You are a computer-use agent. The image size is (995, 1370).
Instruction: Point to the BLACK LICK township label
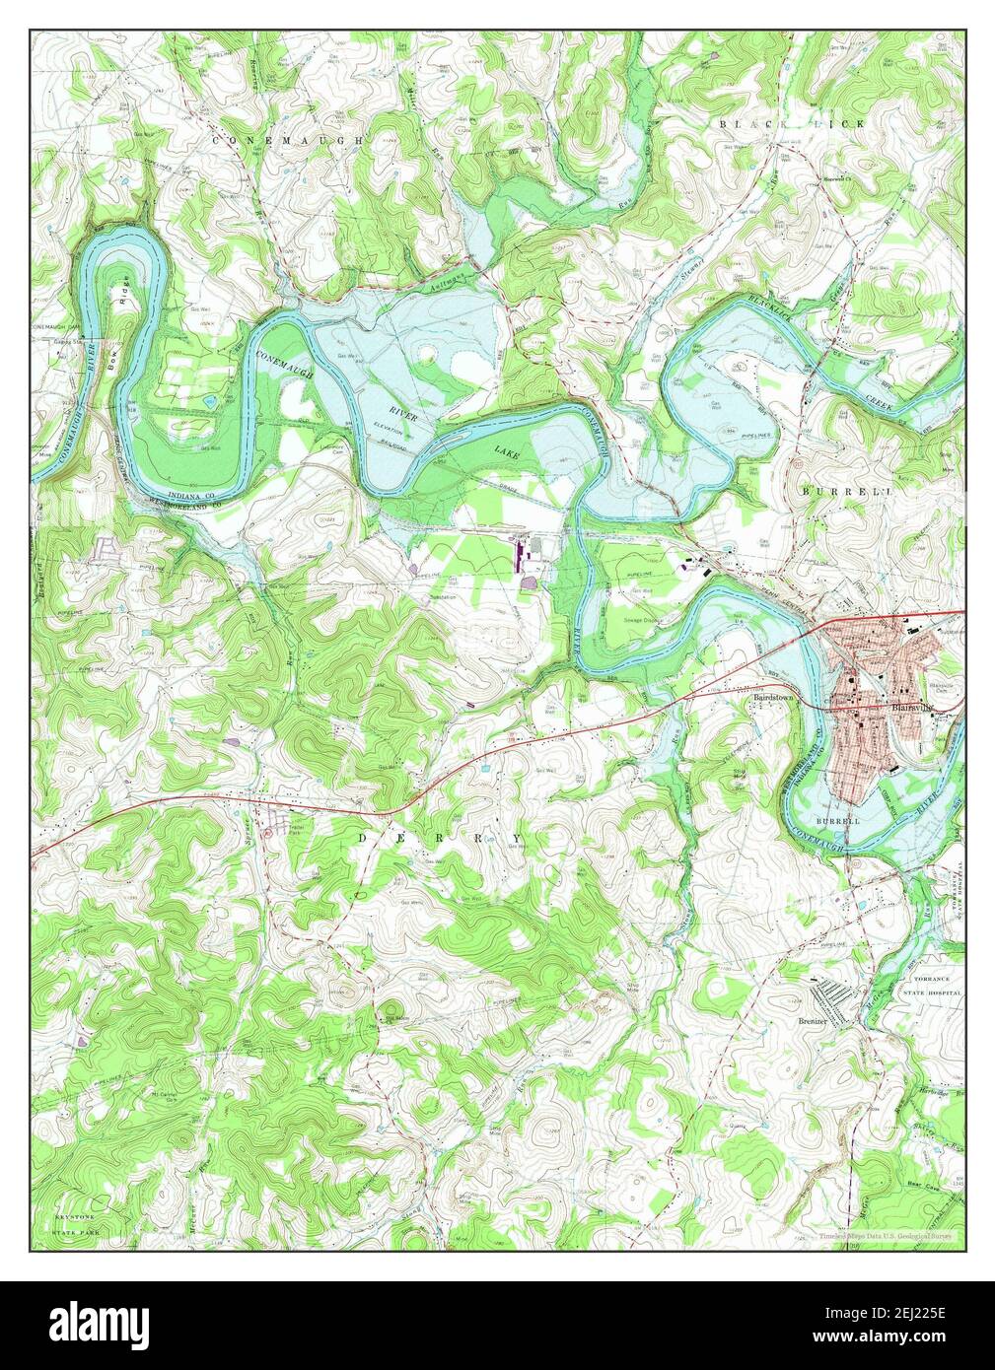click(x=791, y=123)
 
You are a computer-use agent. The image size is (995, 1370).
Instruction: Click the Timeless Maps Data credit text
click(x=888, y=1236)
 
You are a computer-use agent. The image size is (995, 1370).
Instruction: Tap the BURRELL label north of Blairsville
click(x=833, y=490)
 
